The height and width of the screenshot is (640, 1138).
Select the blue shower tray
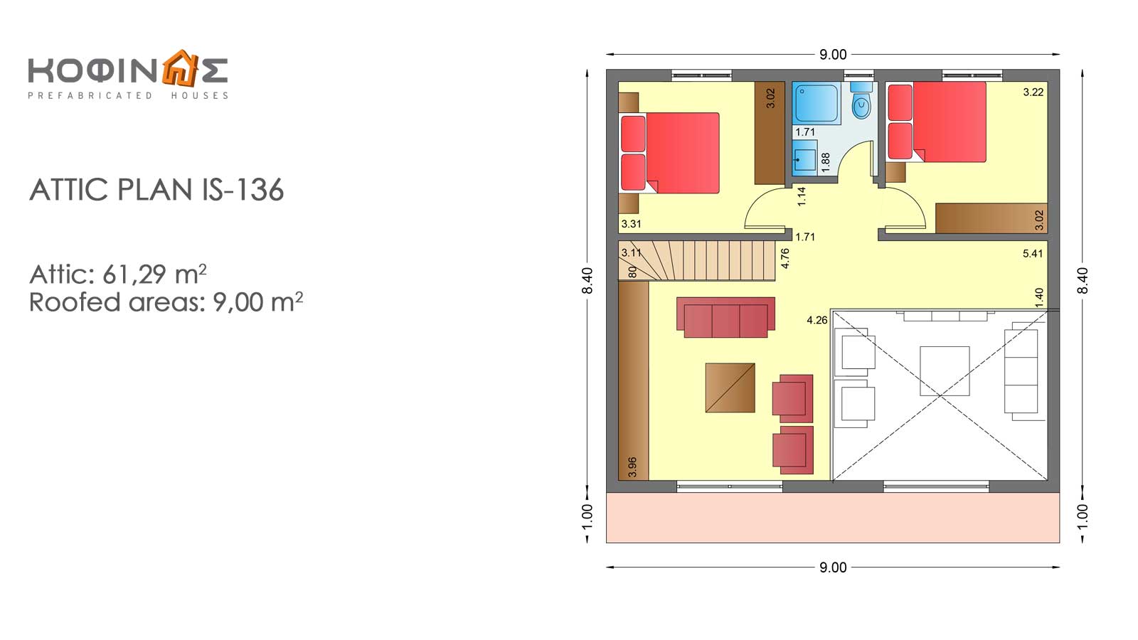coord(817,103)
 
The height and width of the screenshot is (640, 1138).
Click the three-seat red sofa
coord(725,317)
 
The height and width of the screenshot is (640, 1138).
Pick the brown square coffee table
coord(730,388)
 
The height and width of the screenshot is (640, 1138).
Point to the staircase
coord(697,260)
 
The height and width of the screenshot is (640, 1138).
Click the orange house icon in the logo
coord(180,68)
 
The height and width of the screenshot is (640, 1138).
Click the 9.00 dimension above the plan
coord(833,54)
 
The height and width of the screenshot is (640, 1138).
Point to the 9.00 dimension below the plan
coord(833,567)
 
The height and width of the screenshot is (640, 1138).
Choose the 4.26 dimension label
coord(817,320)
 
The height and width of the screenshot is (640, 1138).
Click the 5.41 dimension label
coord(1033,253)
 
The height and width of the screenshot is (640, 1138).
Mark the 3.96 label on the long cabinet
coord(632,466)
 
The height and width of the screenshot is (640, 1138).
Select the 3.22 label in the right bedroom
coord(1033,92)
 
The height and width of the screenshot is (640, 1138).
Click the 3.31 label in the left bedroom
coord(631,223)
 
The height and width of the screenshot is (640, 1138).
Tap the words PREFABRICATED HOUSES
coord(128,95)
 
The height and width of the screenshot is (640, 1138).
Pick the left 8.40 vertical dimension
coord(587,280)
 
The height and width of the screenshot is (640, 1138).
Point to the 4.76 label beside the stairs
coord(785,258)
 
